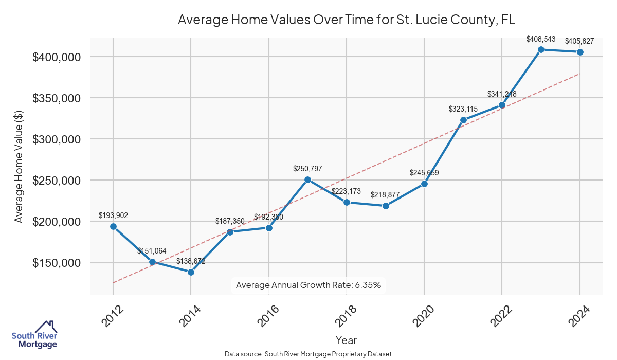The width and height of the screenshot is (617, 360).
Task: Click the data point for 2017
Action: [x=307, y=179]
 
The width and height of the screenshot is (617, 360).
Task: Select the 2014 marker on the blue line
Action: [x=191, y=272]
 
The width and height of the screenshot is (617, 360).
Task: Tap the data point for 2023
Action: [x=541, y=49]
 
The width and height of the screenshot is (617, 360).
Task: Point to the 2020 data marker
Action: [x=424, y=184]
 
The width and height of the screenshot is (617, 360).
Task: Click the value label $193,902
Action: [x=113, y=215]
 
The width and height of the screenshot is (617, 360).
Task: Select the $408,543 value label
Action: [x=541, y=39]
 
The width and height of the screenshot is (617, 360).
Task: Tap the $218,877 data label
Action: [x=385, y=195]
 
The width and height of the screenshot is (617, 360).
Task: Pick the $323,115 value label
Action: [x=463, y=109]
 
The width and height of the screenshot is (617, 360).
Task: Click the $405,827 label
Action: [x=580, y=41]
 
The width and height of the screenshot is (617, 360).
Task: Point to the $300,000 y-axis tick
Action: [x=57, y=139]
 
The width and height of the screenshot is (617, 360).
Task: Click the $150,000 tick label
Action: [x=57, y=263]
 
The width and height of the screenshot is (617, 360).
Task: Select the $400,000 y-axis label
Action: [x=57, y=57]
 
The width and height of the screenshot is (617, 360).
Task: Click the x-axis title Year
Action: [x=346, y=340]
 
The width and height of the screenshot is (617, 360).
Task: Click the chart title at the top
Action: [x=346, y=20]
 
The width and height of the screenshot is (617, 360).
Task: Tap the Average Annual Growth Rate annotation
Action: [x=308, y=285]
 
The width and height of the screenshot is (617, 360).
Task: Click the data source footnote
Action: [x=308, y=354]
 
